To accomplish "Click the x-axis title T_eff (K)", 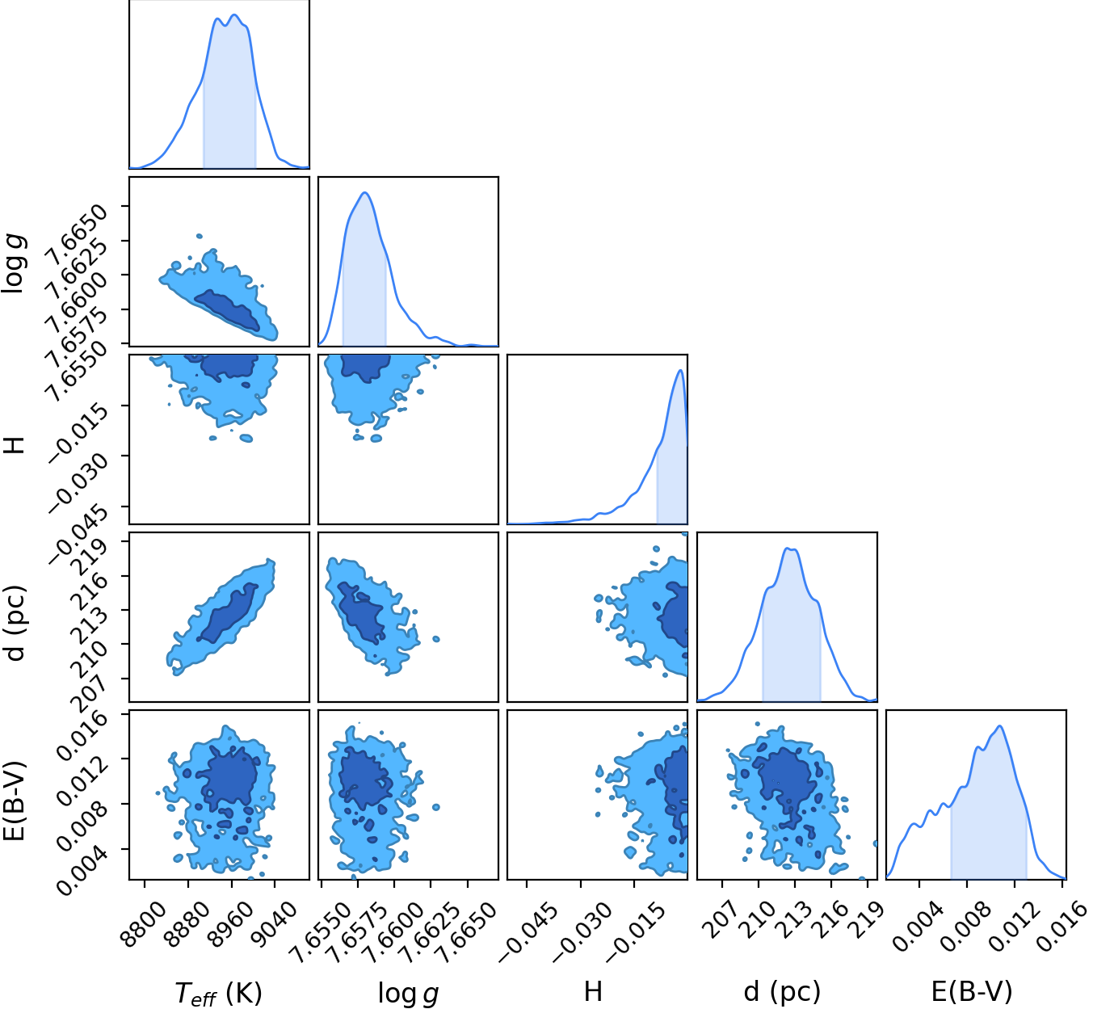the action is pos(218,990).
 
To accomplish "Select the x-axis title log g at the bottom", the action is pos(408,991).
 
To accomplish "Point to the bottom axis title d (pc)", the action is pos(782,990).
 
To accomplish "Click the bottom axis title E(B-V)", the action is pos(972,990).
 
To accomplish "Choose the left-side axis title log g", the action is pos(13,263).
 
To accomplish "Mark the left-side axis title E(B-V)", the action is pos(15,801).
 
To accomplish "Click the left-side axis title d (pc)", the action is pos(15,623).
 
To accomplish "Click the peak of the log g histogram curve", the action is pos(365,192).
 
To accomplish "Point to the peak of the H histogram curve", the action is pos(681,370).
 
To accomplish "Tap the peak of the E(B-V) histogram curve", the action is pos(999,725).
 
